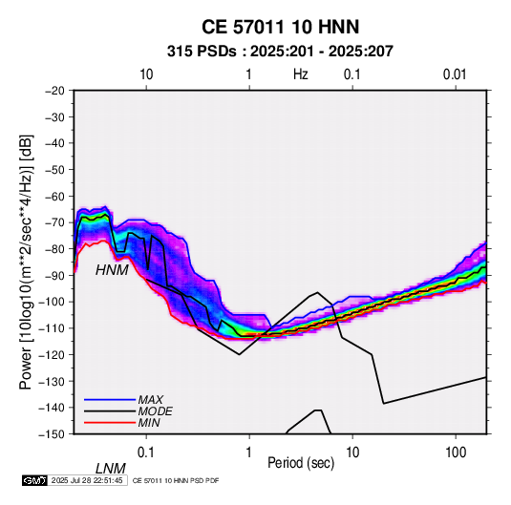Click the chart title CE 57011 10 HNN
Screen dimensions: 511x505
[280, 27]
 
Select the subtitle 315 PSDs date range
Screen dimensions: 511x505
[280, 52]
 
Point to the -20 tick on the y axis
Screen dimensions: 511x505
[54, 91]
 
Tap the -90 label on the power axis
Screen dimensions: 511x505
[54, 275]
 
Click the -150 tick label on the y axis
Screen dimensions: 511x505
[53, 434]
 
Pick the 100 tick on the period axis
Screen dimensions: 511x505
[456, 452]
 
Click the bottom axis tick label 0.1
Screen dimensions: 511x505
[146, 452]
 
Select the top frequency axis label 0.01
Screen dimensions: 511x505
[455, 74]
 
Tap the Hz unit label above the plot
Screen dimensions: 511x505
[301, 74]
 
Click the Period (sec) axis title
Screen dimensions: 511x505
[301, 463]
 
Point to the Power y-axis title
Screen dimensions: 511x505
[26, 262]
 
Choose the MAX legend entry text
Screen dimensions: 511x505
[151, 400]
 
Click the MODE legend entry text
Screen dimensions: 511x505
[155, 411]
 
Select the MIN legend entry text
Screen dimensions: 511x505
[149, 423]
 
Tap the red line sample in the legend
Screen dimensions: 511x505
[110, 423]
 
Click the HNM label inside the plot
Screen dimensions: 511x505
[112, 270]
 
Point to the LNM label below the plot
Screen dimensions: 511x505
[111, 469]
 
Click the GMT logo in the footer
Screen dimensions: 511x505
[34, 480]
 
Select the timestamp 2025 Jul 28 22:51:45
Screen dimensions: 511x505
[87, 480]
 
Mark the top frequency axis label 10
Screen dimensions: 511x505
[146, 74]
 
